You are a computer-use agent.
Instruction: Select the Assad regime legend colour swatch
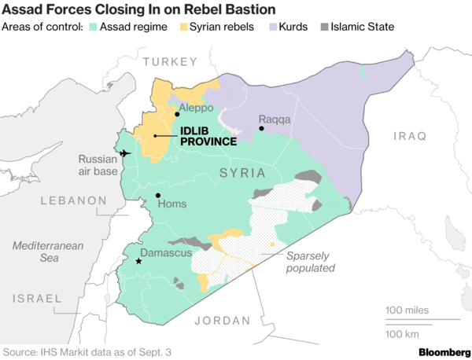[x=92, y=28]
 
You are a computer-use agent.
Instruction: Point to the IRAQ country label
[x=410, y=136]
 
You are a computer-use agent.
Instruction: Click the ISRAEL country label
[x=37, y=299]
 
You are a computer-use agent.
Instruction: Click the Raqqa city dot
[x=261, y=128]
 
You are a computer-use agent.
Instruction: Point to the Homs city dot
[x=158, y=195]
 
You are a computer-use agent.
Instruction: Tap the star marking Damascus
[x=138, y=261]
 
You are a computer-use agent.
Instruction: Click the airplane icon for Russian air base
[x=124, y=152]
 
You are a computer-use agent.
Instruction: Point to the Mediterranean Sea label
[x=48, y=253]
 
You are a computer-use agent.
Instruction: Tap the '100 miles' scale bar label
[x=407, y=310]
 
